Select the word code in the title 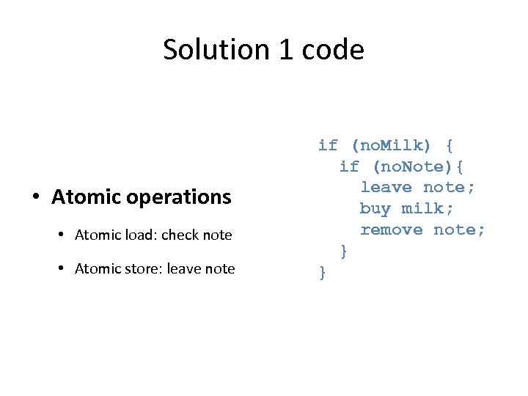333,50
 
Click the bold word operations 178,197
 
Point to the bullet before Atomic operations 36,197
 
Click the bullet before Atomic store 62,269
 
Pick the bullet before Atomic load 62,235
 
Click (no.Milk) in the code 393,145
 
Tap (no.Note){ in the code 419,166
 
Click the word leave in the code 386,188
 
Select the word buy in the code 375,209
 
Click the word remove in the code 391,230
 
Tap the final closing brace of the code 323,273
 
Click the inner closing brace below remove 344,252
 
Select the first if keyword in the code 328,145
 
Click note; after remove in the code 459,230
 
